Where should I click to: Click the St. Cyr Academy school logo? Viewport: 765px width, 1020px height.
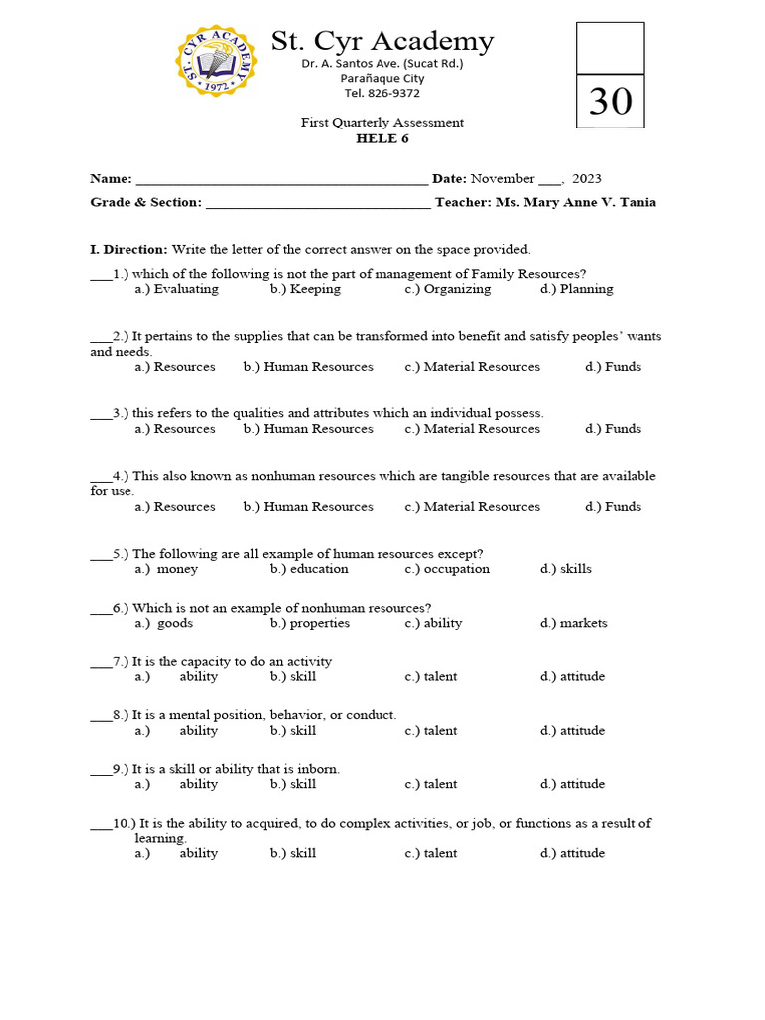click(216, 61)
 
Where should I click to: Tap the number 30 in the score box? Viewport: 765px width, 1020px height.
click(610, 101)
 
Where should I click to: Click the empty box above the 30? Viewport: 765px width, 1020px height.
click(610, 48)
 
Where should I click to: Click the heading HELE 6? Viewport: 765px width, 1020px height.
click(382, 138)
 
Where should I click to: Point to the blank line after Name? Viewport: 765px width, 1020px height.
click(281, 181)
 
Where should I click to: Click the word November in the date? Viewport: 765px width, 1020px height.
click(503, 179)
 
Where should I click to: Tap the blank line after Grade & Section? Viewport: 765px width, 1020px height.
click(317, 204)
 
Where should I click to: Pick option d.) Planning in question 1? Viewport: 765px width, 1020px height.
click(577, 289)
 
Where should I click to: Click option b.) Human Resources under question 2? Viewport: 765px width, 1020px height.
click(309, 367)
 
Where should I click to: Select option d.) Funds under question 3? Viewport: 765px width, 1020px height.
click(614, 429)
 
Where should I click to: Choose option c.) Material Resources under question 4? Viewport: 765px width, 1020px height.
click(472, 507)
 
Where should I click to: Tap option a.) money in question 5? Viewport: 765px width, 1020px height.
click(167, 569)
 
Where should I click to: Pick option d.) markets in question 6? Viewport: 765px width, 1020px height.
click(574, 623)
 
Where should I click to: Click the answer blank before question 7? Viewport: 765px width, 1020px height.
click(100, 663)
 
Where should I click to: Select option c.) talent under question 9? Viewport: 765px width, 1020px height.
click(431, 784)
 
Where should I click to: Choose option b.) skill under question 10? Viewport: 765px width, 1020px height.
click(293, 853)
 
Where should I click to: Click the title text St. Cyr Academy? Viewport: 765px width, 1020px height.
click(382, 41)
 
